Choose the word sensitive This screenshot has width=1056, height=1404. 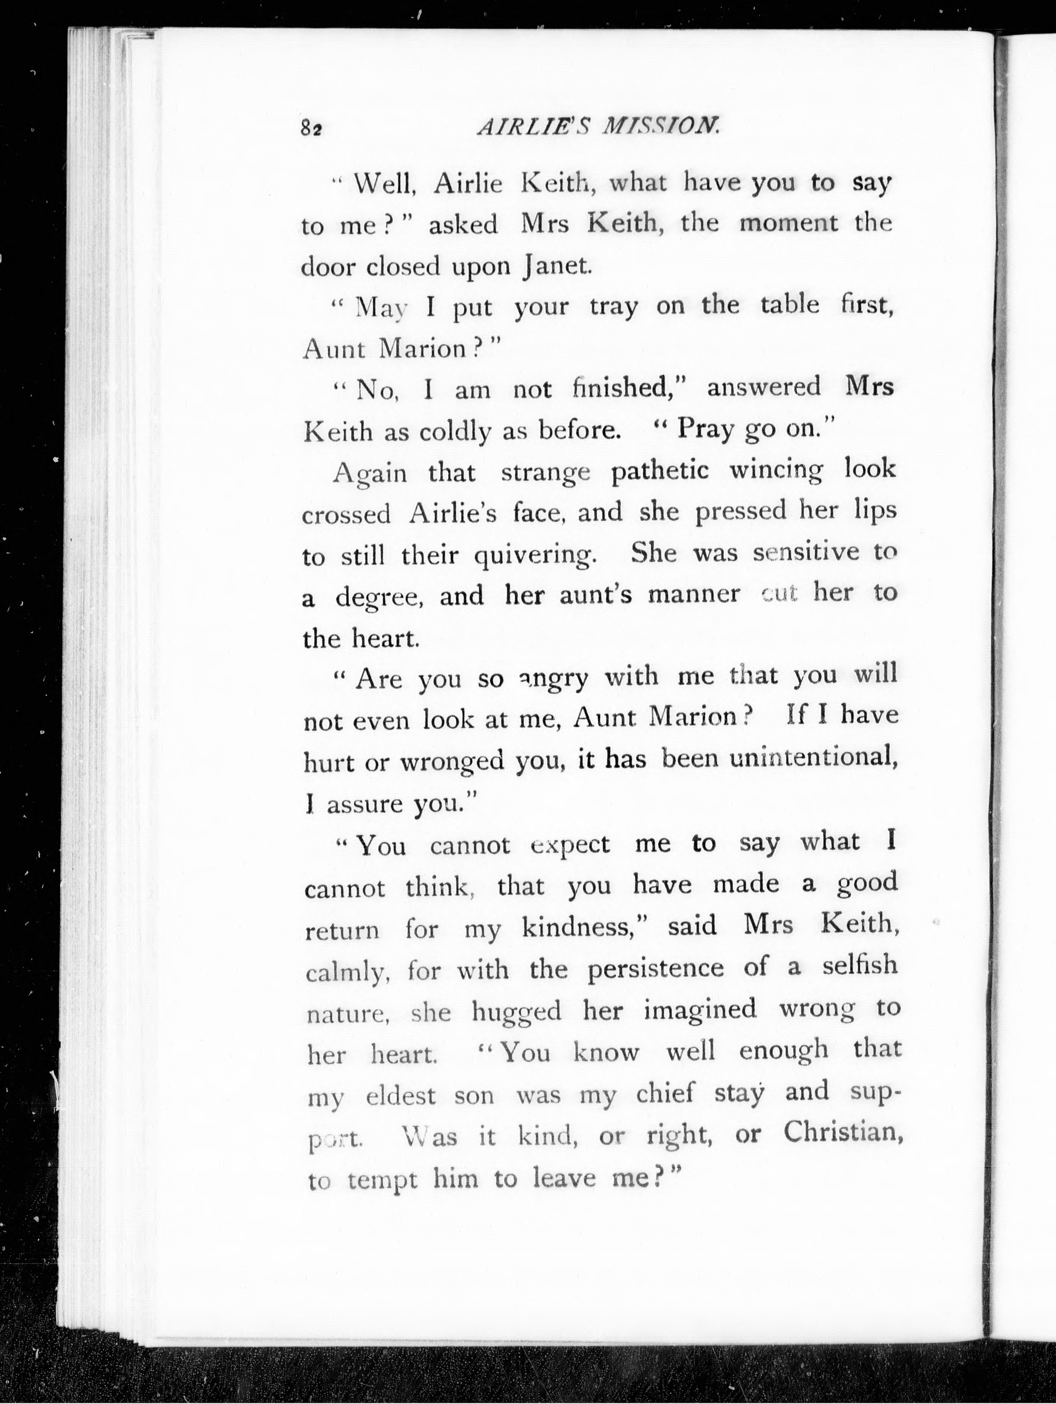pyautogui.click(x=806, y=553)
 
